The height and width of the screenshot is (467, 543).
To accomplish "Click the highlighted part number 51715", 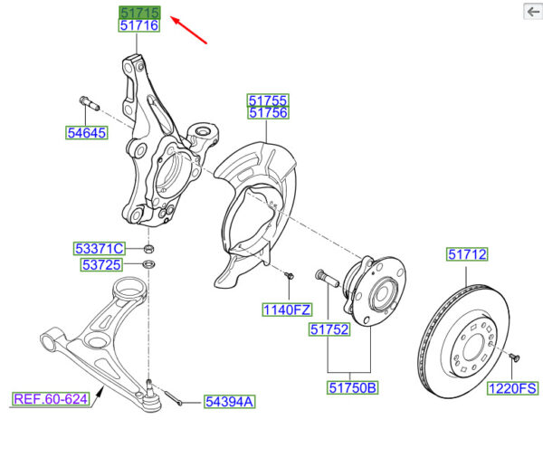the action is click(x=139, y=13).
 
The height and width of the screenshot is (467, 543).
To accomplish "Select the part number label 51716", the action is click(x=139, y=25).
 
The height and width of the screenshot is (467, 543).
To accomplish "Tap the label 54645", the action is click(x=87, y=133).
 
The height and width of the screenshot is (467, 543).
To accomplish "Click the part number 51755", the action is click(x=268, y=100).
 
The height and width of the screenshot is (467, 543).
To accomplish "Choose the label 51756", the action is click(x=268, y=113).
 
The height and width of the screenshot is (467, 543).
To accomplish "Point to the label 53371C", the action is click(x=100, y=249).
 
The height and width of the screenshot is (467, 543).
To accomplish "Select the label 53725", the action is click(x=101, y=264).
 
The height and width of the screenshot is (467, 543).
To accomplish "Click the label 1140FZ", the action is click(x=287, y=310).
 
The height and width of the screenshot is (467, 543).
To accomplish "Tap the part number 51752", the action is click(x=329, y=329).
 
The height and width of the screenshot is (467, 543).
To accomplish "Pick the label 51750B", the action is click(x=353, y=387).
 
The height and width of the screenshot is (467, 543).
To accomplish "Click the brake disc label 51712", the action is click(x=467, y=254).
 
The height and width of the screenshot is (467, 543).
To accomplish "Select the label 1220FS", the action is click(x=512, y=388).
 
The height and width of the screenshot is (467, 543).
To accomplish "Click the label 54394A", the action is click(x=230, y=402).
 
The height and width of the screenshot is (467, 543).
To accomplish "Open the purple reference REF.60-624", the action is click(x=51, y=399).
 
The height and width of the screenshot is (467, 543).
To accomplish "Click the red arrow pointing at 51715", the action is click(x=189, y=30).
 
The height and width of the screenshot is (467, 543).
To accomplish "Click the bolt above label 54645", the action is click(x=90, y=103).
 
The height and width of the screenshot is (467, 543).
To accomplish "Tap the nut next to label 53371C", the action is click(x=149, y=248).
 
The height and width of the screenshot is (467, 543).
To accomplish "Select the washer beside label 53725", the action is click(x=149, y=264).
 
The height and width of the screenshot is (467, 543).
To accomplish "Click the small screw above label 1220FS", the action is click(x=514, y=357).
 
